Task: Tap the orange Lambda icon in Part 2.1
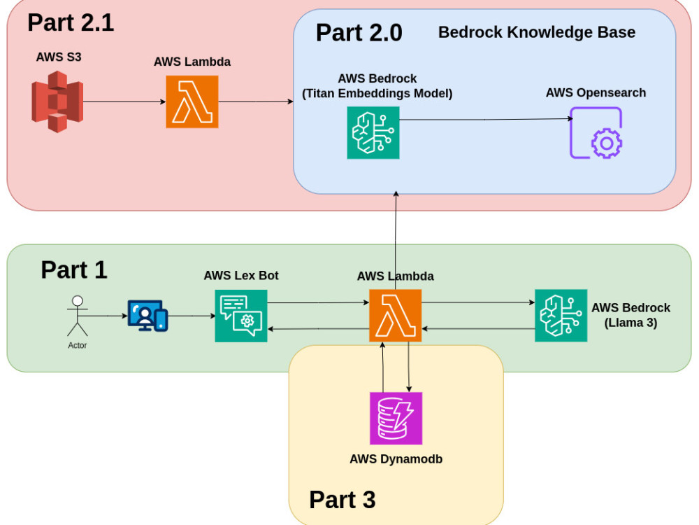coord(192,101)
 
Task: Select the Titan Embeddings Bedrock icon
coord(373,132)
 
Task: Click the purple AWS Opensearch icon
coord(596,132)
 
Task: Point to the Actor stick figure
coord(77,316)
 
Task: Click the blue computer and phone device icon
coord(147,316)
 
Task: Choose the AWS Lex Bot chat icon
coord(240,316)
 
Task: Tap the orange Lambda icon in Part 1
coord(395,316)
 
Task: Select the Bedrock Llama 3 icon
coord(561,316)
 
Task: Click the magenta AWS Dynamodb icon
coord(396,418)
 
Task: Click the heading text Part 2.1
coord(71,22)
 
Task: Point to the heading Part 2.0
coord(359,33)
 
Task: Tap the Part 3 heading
coord(342,500)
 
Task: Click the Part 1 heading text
coord(74,269)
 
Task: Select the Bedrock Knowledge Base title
coord(536,32)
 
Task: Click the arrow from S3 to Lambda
coord(124,101)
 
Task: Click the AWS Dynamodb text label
coord(396,459)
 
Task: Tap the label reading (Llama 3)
coord(630,323)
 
